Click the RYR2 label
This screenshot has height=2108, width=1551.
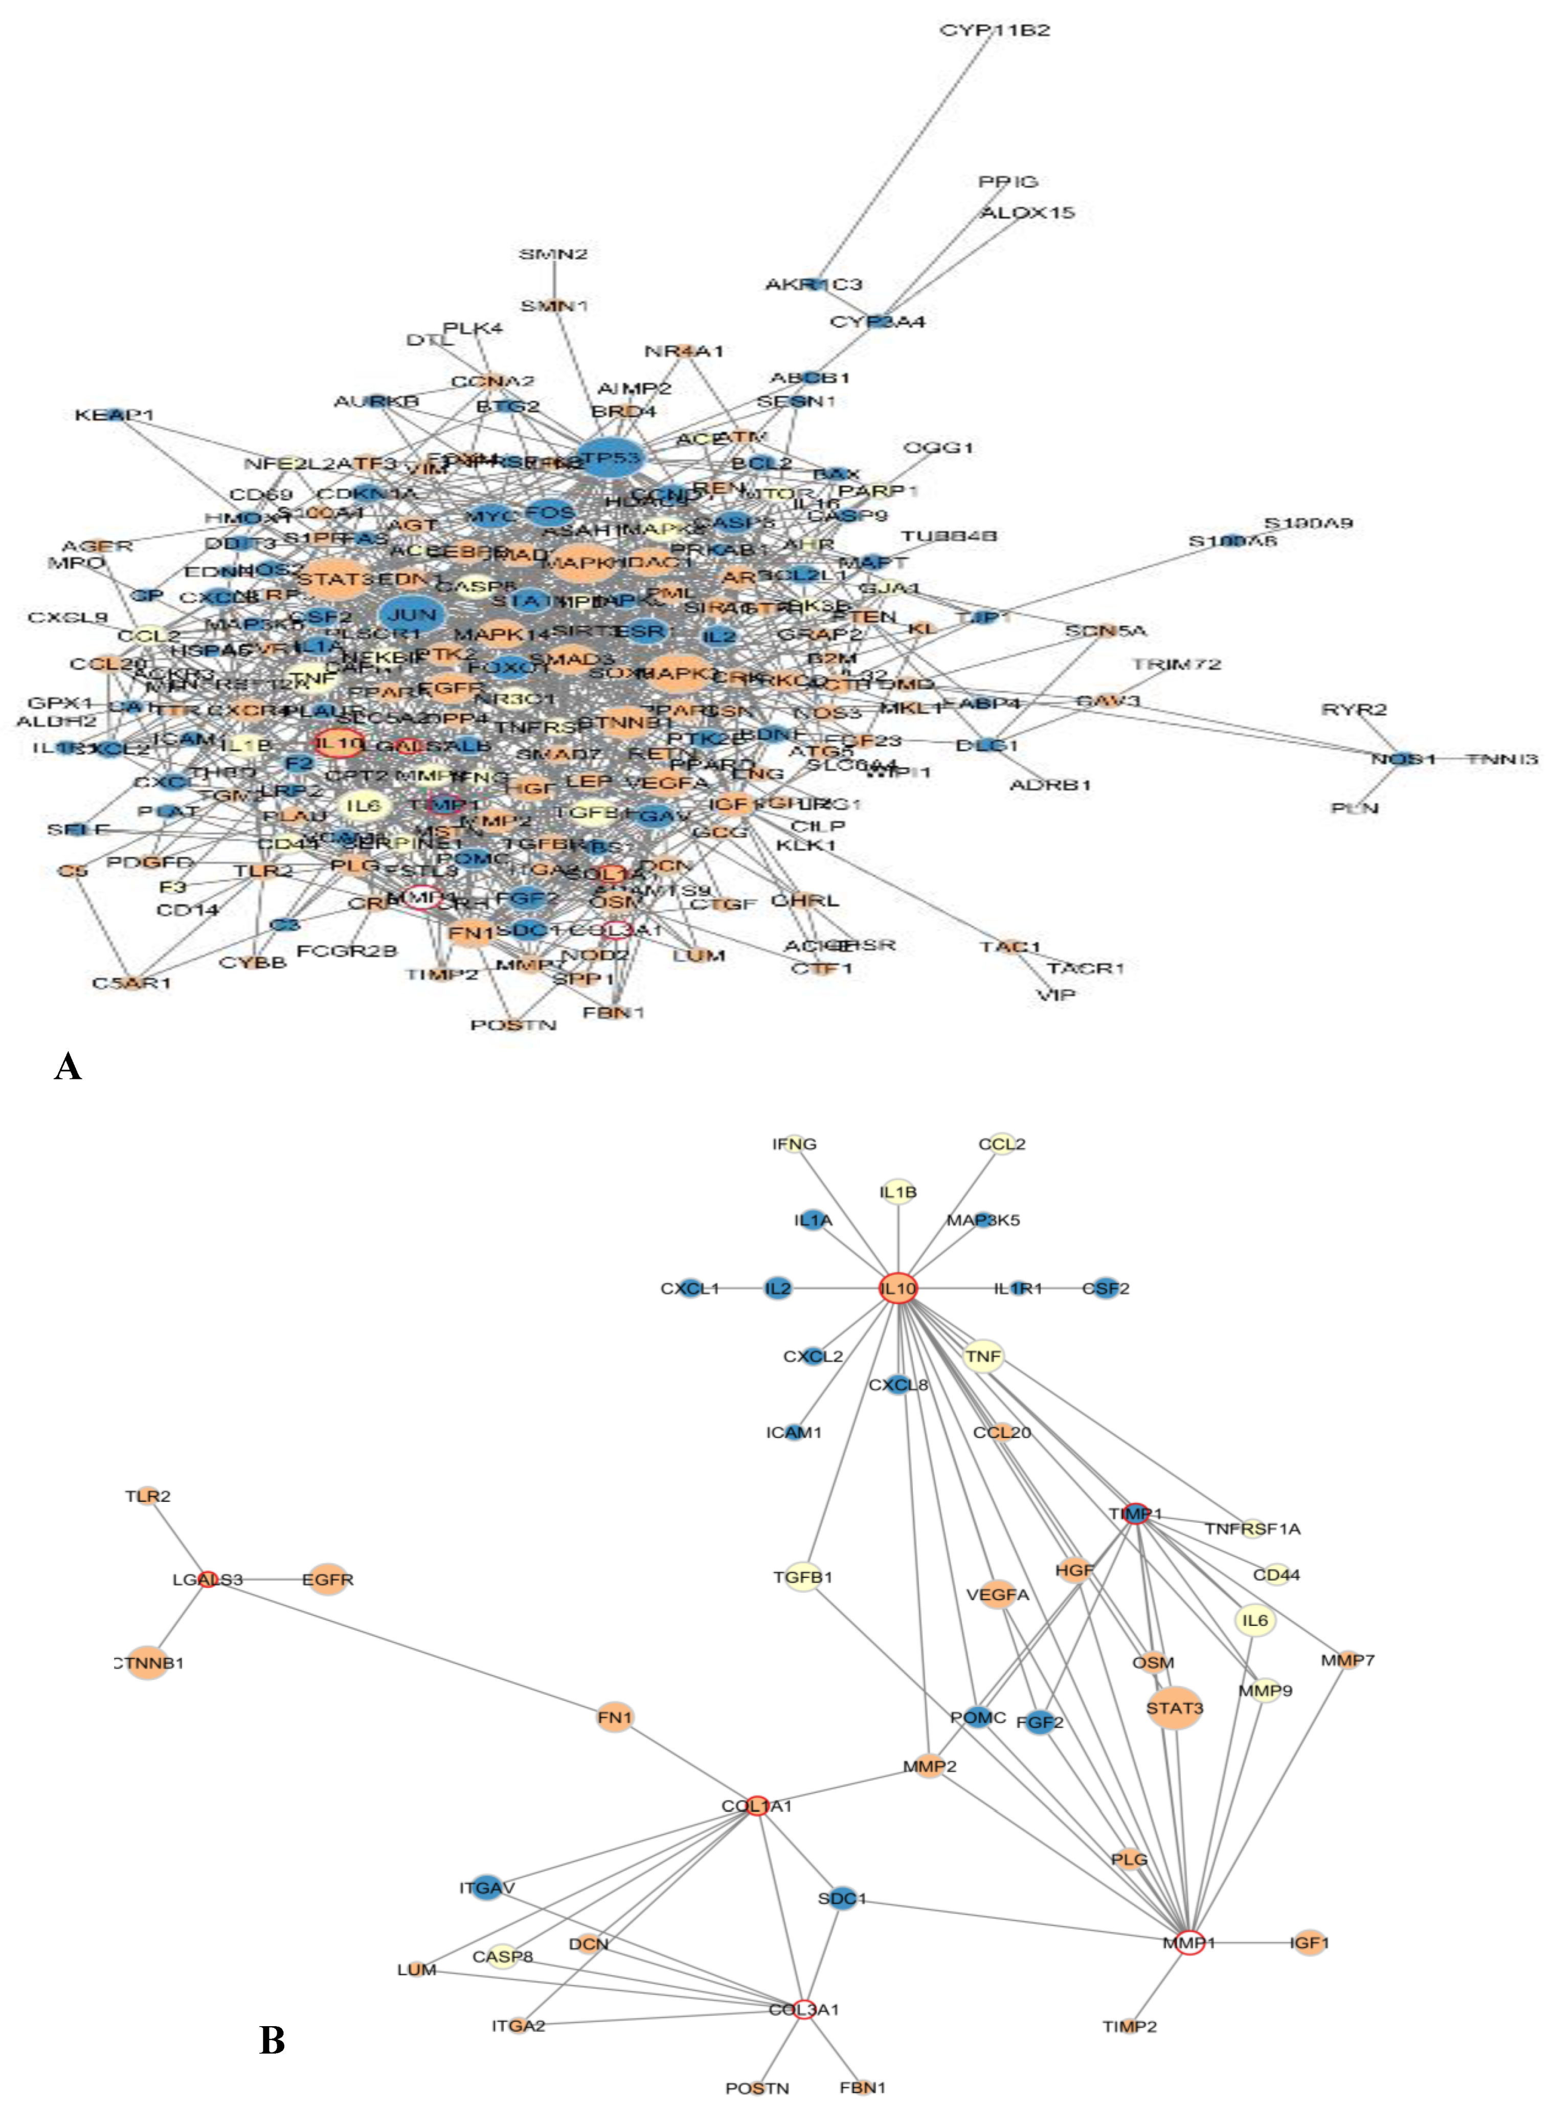pos(1354,709)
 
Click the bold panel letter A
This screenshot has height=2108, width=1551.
pos(68,1067)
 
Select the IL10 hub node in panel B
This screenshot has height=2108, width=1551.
pos(897,1288)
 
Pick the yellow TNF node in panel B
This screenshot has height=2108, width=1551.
pos(983,1356)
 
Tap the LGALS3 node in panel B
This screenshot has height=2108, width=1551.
pos(208,1580)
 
